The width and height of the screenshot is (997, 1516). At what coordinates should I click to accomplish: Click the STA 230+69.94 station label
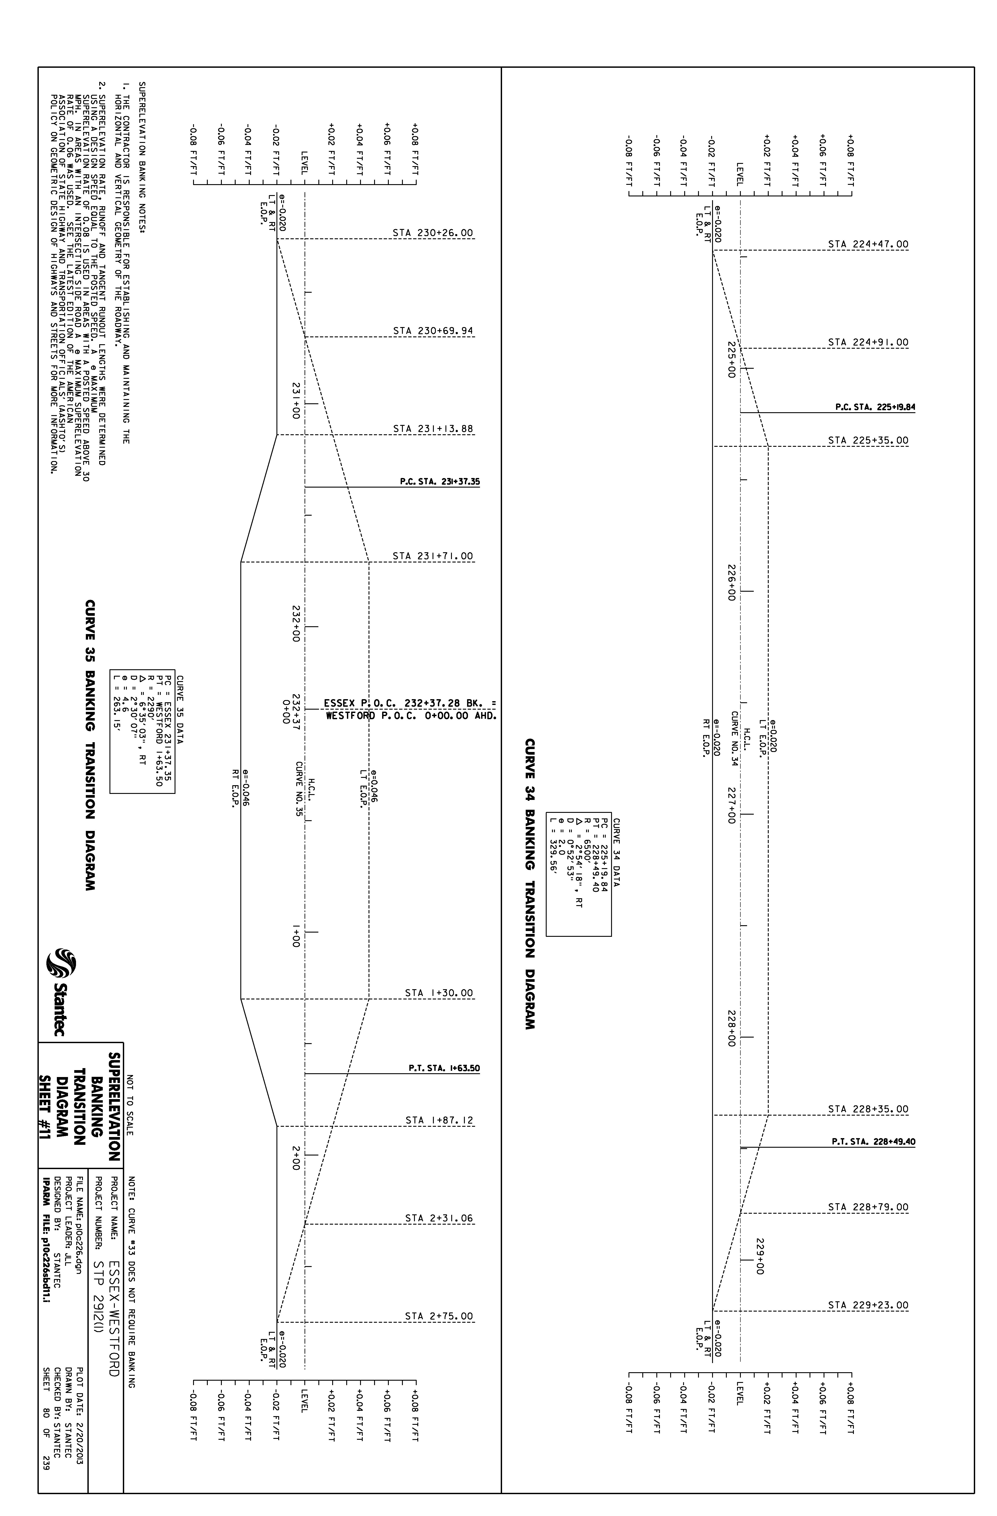433,331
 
